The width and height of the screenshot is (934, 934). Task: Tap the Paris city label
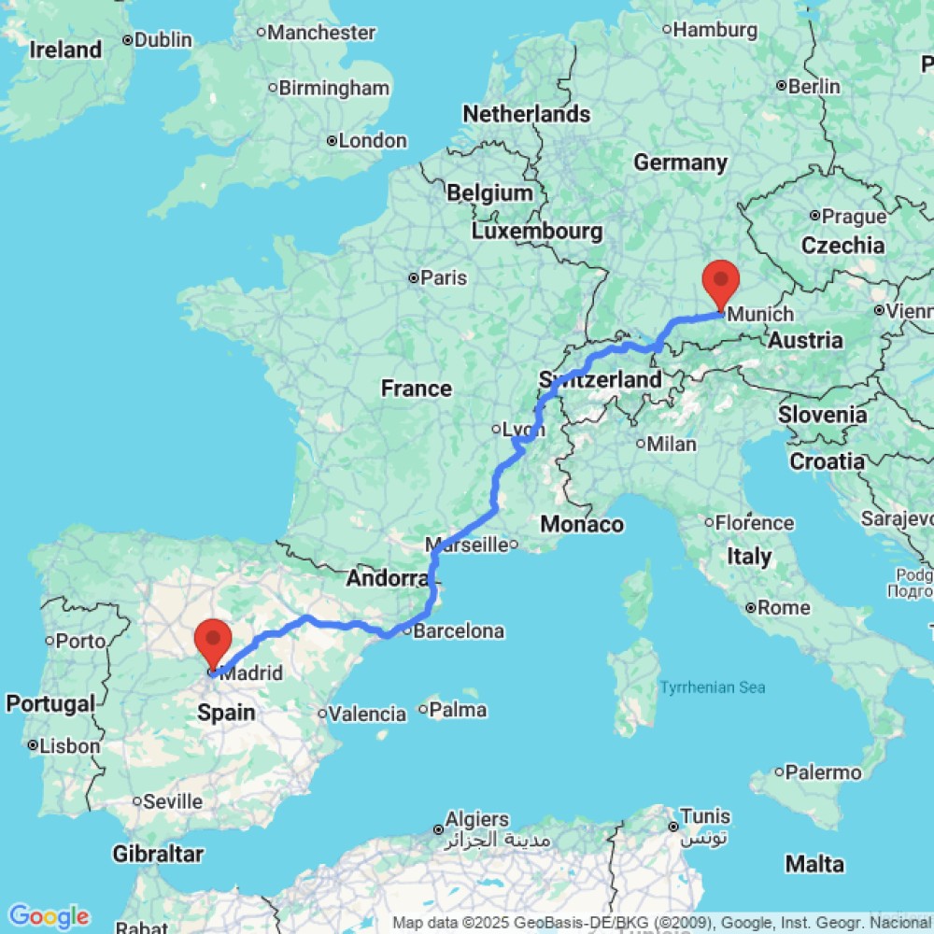click(x=443, y=277)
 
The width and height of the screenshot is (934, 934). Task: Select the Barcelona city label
click(x=458, y=631)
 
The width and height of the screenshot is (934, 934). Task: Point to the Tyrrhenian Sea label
click(x=713, y=688)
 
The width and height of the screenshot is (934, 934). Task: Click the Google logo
click(x=48, y=916)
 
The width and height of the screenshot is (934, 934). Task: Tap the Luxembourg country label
click(x=537, y=230)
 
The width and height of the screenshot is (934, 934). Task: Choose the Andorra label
click(x=387, y=579)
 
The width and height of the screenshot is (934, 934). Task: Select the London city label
click(x=372, y=141)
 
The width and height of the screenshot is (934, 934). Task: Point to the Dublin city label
click(x=163, y=40)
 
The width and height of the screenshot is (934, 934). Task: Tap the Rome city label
click(x=784, y=608)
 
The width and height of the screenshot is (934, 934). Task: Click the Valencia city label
click(x=368, y=715)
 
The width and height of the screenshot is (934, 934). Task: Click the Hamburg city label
click(x=715, y=30)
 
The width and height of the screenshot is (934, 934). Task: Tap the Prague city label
click(x=848, y=216)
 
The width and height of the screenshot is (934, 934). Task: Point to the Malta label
click(x=814, y=865)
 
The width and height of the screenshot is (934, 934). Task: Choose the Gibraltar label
click(x=158, y=854)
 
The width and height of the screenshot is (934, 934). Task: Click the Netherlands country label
click(x=527, y=114)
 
